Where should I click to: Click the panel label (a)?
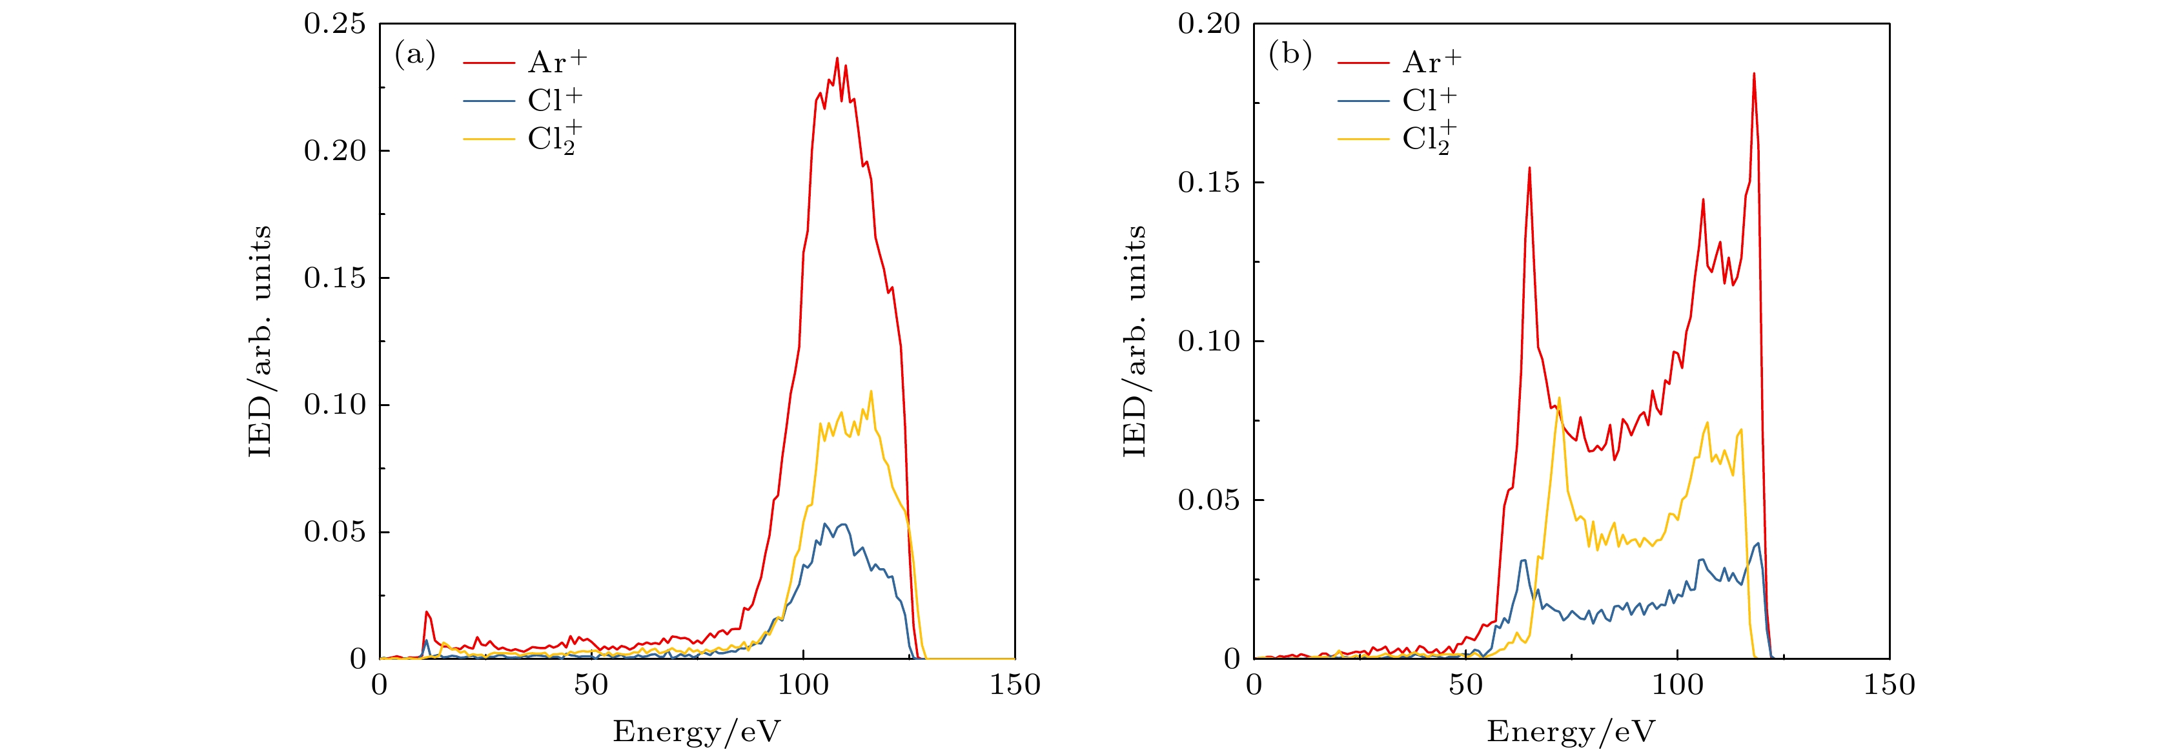click(415, 56)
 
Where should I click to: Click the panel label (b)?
click(1290, 56)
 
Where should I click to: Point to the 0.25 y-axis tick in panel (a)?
click(334, 25)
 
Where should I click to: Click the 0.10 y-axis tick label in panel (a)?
click(334, 405)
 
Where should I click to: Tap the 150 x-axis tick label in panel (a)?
click(1015, 686)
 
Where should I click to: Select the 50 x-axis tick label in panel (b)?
click(1465, 686)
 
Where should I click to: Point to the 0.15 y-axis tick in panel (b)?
click(1209, 183)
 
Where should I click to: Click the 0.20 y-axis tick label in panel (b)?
click(1209, 25)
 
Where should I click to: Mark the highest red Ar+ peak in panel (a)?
click(837, 59)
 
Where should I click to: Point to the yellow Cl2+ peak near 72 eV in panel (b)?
click(1560, 398)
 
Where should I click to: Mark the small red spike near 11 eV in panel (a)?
click(427, 613)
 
